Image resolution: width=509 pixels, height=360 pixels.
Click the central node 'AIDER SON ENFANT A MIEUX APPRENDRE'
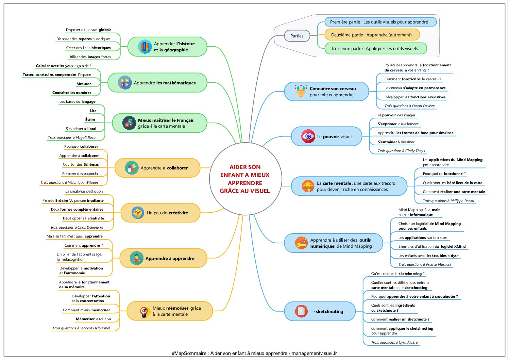pos(245,179)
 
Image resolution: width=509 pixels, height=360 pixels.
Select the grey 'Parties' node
pos(297,36)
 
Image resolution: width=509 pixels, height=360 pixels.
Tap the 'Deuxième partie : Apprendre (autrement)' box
pos(372,35)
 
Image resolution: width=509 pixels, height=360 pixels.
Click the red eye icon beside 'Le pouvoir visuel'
pos(308,136)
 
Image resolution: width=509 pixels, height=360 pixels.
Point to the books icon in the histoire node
pos(145,47)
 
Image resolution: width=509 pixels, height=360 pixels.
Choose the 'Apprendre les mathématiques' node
pos(157,83)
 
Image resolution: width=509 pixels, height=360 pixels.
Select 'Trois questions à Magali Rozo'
pos(72,137)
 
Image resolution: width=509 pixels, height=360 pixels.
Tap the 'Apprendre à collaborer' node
pos(157,168)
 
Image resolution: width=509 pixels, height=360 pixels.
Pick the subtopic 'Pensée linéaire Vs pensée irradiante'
pos(73,200)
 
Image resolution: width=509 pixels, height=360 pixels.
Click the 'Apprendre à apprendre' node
pos(163,258)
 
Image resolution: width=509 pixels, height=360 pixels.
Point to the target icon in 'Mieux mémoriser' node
pos(144,311)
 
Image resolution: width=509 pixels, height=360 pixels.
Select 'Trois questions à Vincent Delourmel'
pos(81,328)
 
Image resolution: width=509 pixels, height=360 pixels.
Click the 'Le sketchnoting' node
pos(320,311)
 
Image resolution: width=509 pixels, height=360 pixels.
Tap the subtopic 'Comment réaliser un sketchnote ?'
pos(400,319)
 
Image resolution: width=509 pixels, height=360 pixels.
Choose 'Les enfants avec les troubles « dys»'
pos(428,256)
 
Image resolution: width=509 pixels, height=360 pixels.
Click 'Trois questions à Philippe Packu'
pos(448,201)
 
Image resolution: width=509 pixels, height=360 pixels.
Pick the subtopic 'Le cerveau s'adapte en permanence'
pos(415,88)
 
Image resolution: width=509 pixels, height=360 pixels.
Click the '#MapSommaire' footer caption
pos(254,354)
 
